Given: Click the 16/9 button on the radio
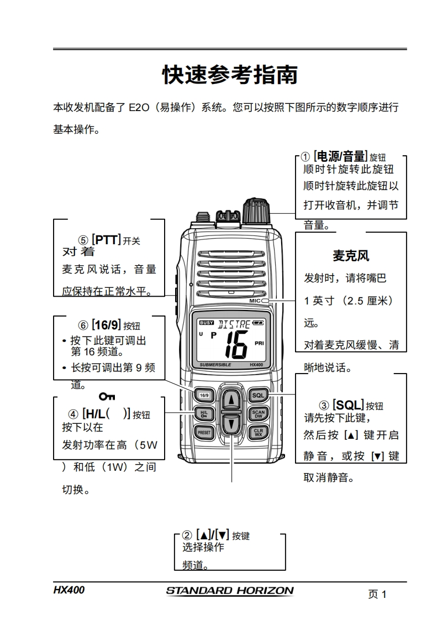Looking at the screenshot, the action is (204, 395).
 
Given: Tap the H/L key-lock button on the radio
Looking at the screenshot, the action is (204, 413).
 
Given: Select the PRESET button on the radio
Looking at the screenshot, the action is (204, 433).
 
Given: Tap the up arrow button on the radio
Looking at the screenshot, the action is (231, 399).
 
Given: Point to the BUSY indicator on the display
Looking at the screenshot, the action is (206, 323).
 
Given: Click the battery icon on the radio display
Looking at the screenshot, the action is (259, 323).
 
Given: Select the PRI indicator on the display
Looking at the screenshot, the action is (259, 343).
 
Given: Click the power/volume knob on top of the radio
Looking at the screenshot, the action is (256, 209).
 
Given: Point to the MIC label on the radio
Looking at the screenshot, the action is (255, 301).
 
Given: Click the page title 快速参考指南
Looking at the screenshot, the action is (230, 75).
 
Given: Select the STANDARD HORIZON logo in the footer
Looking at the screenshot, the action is (230, 591).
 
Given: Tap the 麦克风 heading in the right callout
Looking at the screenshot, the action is (350, 256).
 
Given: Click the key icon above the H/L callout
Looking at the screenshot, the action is (107, 396).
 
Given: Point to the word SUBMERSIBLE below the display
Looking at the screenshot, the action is (215, 365).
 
